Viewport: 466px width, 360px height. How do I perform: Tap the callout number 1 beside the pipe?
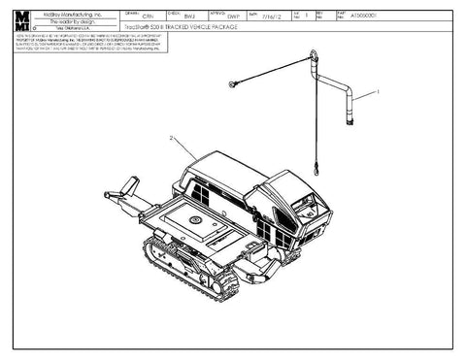point(379,88)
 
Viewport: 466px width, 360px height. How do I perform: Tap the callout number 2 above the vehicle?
point(172,139)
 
